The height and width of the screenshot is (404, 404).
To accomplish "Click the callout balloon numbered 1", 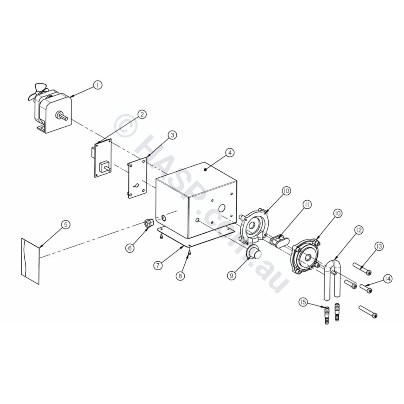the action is (98, 85).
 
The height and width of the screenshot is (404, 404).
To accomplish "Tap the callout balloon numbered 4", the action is (230, 153).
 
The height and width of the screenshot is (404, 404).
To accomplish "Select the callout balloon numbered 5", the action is (66, 225).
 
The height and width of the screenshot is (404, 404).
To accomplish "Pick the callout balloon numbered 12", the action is (359, 230).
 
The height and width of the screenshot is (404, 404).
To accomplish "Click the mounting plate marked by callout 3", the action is (137, 177).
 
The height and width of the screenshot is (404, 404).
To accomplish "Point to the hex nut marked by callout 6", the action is (149, 223).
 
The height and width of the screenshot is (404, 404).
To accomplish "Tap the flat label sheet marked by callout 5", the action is (30, 261).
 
